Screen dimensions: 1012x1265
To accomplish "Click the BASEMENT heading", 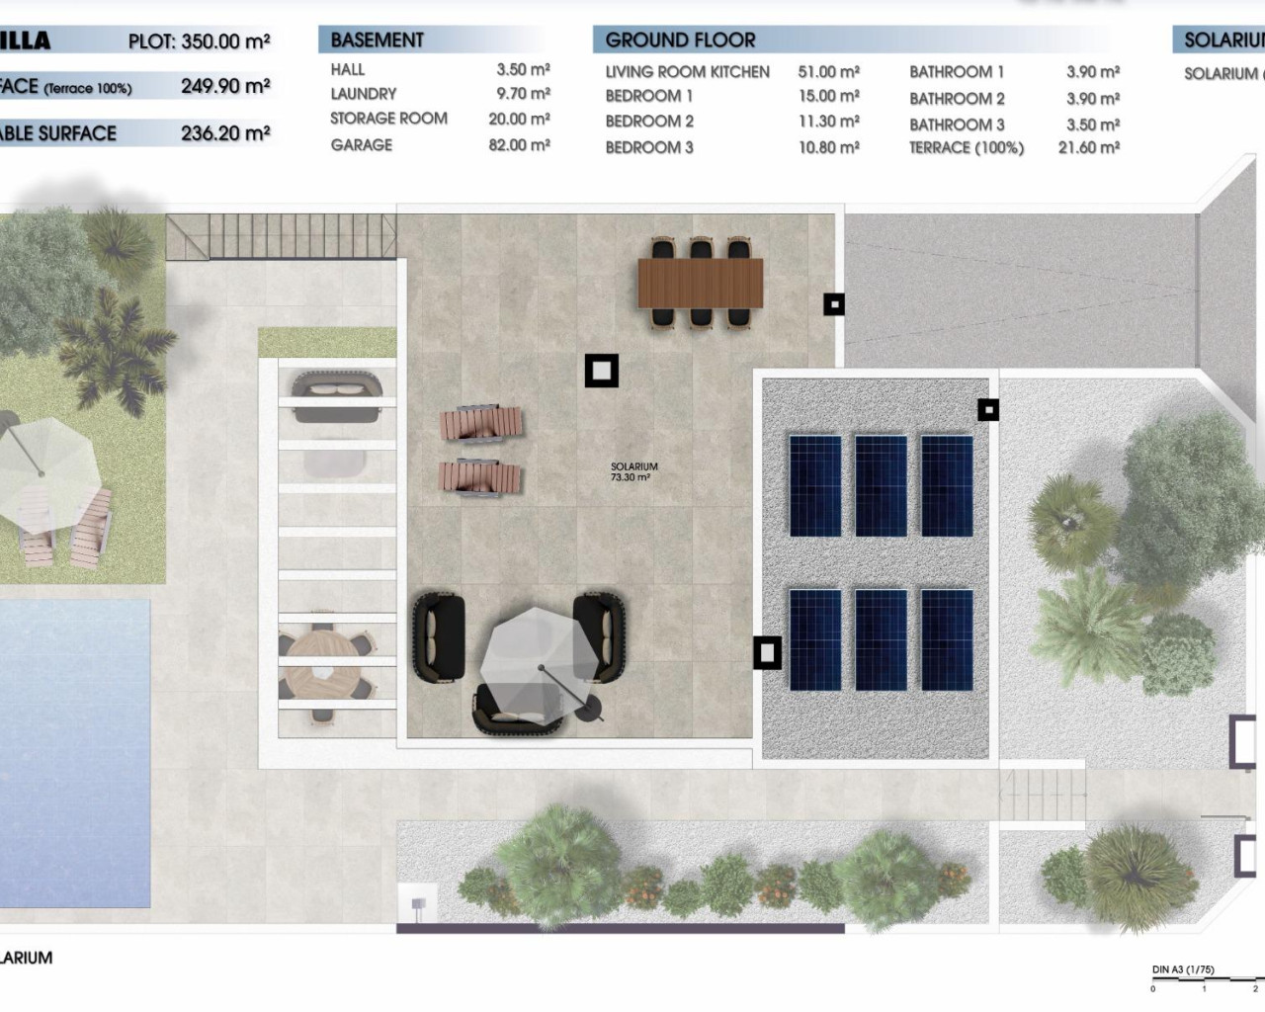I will tap(377, 41).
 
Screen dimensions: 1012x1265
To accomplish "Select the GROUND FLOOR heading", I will tap(680, 41).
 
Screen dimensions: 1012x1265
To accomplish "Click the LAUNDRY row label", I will tap(363, 94).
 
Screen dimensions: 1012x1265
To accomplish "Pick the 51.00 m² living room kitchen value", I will tap(828, 71).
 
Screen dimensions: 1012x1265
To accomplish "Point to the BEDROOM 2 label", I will tap(649, 122).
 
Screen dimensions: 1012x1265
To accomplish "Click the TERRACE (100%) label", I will tap(966, 147).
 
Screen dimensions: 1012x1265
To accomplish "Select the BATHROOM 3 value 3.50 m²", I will tap(1092, 125).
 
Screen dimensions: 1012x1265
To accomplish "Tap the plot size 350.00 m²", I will tap(225, 42).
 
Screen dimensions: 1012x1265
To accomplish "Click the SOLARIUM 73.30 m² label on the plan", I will tap(633, 472).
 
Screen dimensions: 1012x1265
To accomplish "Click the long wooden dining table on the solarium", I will tap(701, 283).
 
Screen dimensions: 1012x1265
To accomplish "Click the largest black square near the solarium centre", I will tap(601, 371).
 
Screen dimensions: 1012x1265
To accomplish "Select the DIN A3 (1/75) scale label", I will tap(1183, 970).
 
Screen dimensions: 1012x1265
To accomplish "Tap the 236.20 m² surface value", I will tap(225, 132).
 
